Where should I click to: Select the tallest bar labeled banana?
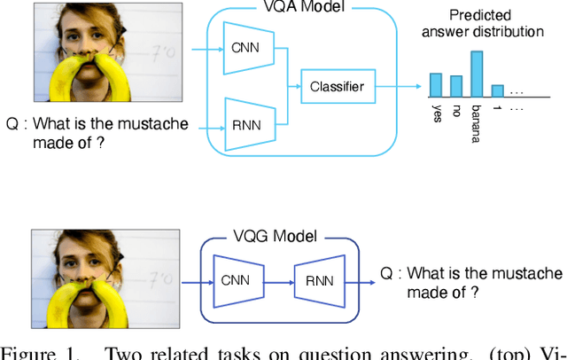pyautogui.click(x=476, y=73)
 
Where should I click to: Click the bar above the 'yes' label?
pyautogui.click(x=435, y=84)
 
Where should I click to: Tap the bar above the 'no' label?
pyautogui.click(x=455, y=86)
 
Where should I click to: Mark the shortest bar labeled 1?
pyautogui.click(x=497, y=90)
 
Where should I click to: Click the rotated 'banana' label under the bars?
pyautogui.click(x=477, y=121)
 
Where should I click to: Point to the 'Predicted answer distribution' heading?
pyautogui.click(x=486, y=23)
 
